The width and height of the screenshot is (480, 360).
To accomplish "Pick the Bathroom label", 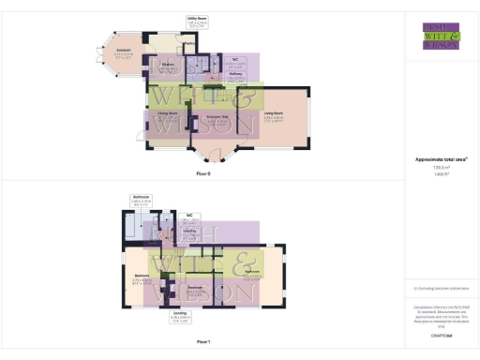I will pyautogui.click(x=142, y=196).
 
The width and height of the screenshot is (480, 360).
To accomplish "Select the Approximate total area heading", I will pyautogui.click(x=439, y=159).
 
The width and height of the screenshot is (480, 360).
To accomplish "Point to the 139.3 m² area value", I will pyautogui.click(x=439, y=167).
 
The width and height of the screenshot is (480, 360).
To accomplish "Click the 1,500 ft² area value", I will pyautogui.click(x=439, y=174).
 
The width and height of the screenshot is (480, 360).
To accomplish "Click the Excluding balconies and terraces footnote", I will pyautogui.click(x=439, y=289).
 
